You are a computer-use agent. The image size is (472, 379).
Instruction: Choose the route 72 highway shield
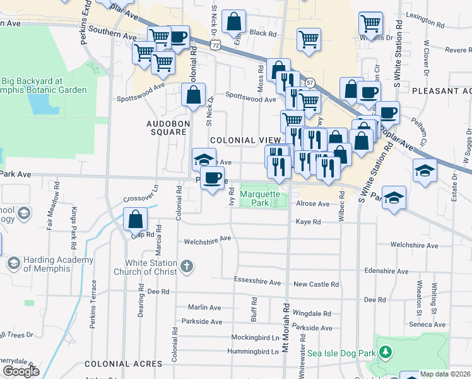point(216,45)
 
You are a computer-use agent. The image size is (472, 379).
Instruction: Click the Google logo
point(21,371)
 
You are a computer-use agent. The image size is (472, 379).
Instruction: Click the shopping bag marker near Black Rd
point(233,21)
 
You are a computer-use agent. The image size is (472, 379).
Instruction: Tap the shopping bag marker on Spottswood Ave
point(193,95)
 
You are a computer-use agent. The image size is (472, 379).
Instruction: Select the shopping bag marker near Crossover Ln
point(136,219)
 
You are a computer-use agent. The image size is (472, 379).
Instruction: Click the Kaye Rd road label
point(309,222)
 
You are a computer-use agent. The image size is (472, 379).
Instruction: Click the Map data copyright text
point(445,374)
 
